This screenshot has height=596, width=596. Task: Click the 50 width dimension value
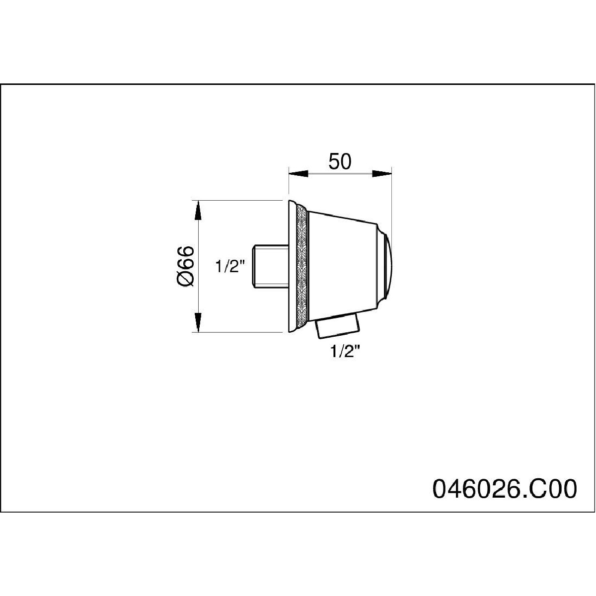(340, 161)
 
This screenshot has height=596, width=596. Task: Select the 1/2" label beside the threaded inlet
(230, 266)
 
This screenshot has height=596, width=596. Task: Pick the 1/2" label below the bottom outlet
(346, 351)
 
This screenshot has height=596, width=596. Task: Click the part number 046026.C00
(505, 489)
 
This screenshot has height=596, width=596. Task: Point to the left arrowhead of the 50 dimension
(298, 173)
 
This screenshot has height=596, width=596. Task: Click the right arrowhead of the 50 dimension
(382, 173)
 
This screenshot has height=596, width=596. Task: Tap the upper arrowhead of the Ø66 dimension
(198, 210)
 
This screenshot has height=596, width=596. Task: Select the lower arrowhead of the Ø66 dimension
(198, 322)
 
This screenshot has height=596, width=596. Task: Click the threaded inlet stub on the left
(271, 266)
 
